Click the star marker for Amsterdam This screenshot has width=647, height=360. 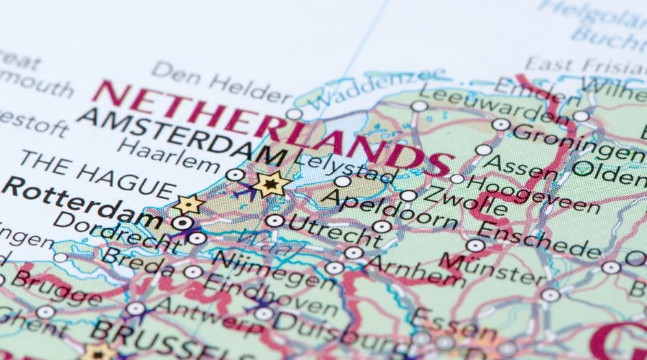(272, 183)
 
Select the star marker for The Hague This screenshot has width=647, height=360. (189, 204)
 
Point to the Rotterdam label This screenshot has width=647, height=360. (82, 205)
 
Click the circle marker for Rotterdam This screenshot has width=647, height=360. (181, 222)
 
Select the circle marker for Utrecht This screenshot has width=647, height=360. (275, 220)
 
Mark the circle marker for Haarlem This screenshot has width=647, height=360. (235, 175)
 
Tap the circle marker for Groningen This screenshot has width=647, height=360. (501, 125)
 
